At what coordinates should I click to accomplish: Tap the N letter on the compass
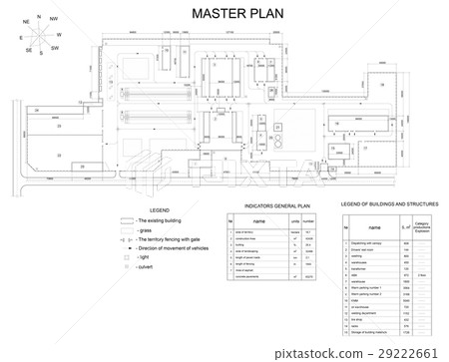39,17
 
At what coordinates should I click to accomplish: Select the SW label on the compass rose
55,48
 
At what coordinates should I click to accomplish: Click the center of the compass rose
38,36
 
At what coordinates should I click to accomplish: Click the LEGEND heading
158,211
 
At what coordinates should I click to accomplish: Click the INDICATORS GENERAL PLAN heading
271,207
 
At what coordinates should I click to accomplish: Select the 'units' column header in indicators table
295,221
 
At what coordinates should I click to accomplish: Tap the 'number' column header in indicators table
312,221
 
